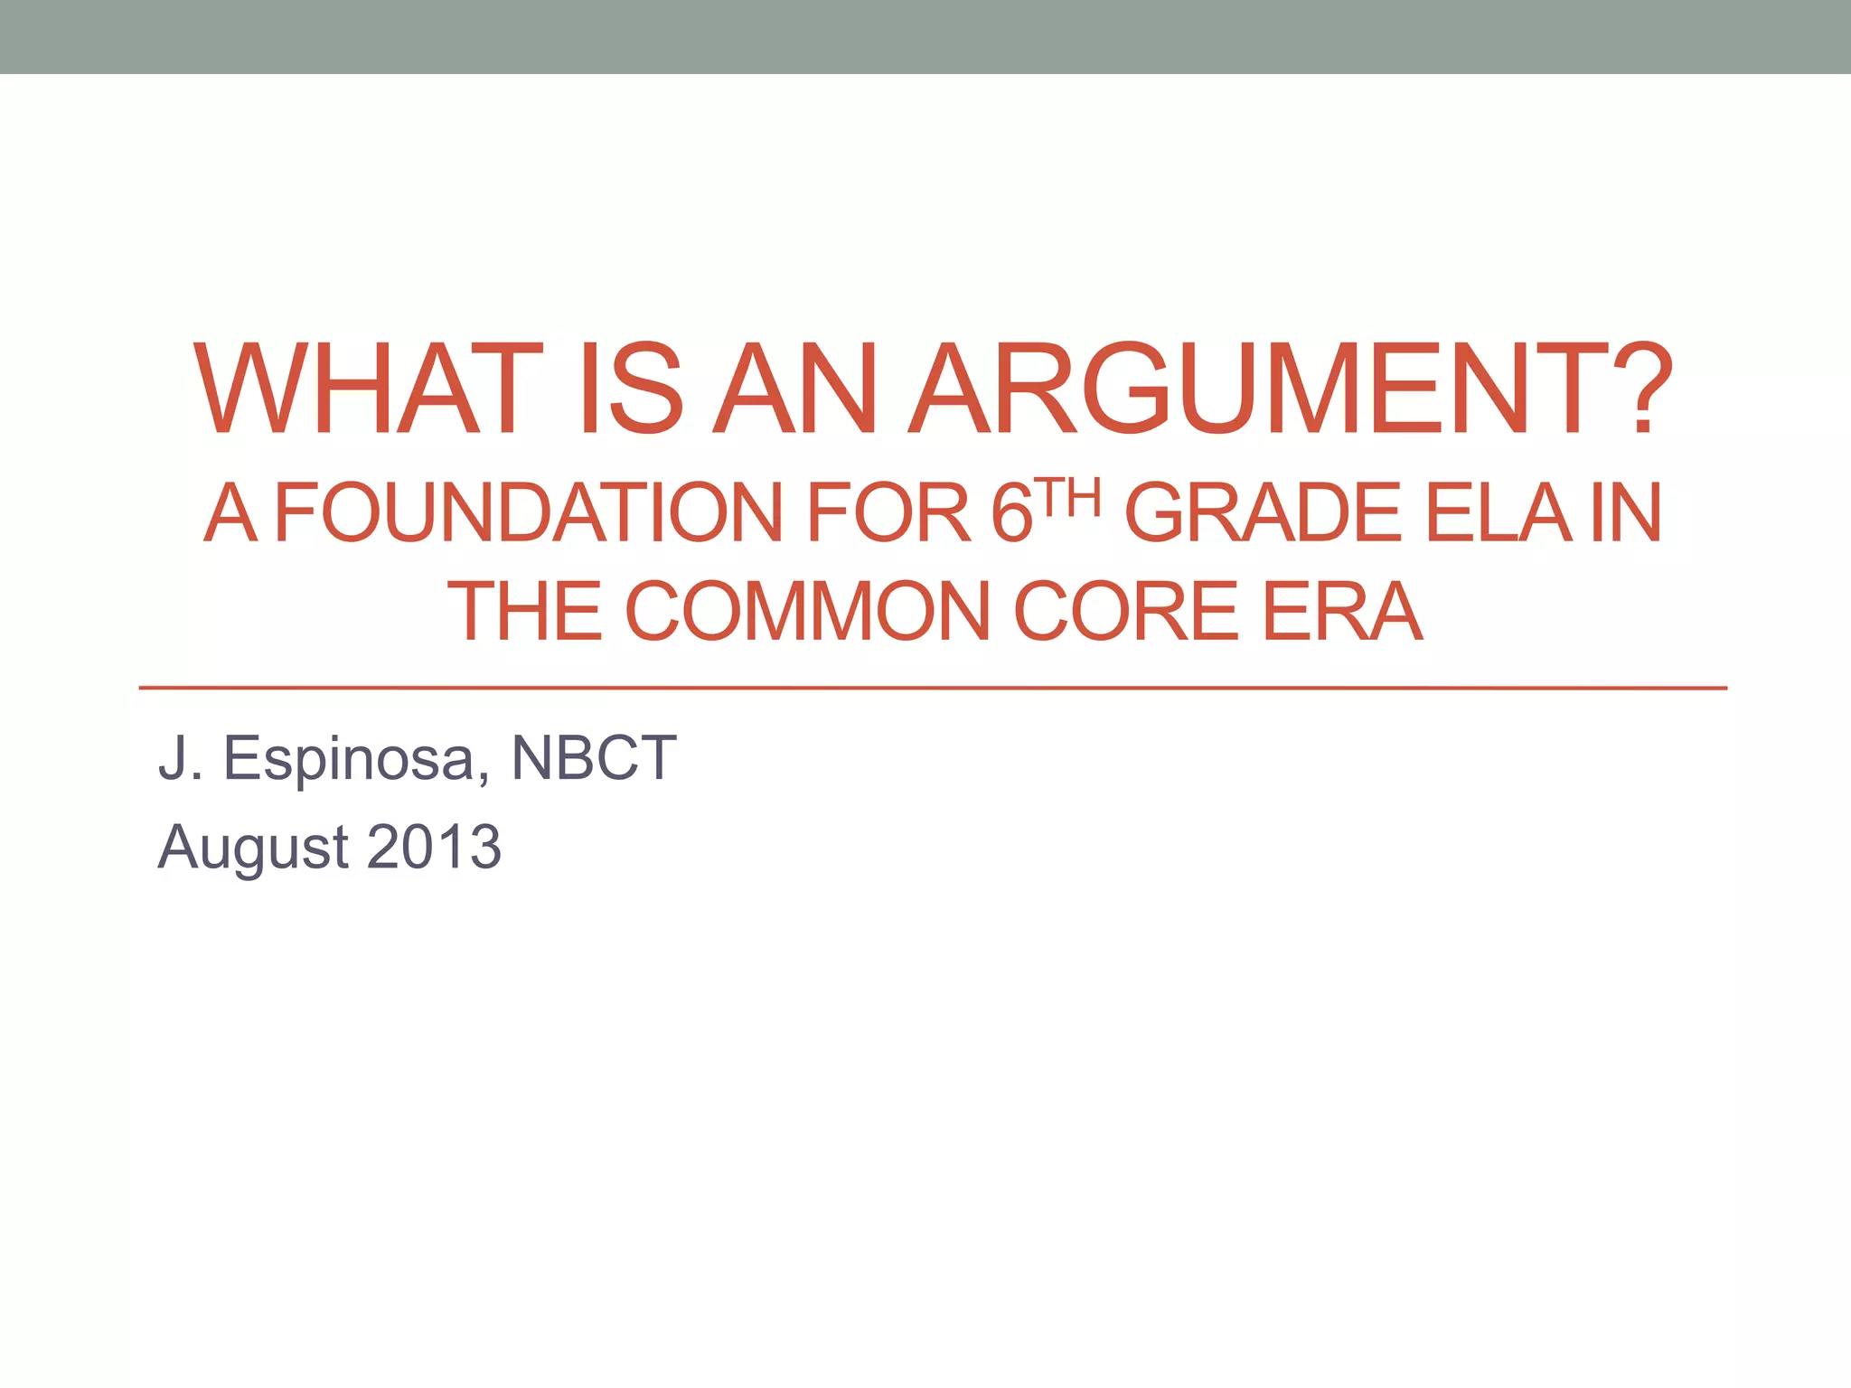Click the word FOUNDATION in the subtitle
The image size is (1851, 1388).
pos(528,513)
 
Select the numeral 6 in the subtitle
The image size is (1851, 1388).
pos(1011,513)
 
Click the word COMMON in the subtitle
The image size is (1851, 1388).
pos(809,612)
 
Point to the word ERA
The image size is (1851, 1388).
pos(1341,612)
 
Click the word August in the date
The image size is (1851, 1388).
pos(253,848)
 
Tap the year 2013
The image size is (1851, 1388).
pos(435,848)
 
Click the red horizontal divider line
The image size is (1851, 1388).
pos(931,688)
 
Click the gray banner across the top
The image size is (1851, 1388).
pos(925,36)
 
